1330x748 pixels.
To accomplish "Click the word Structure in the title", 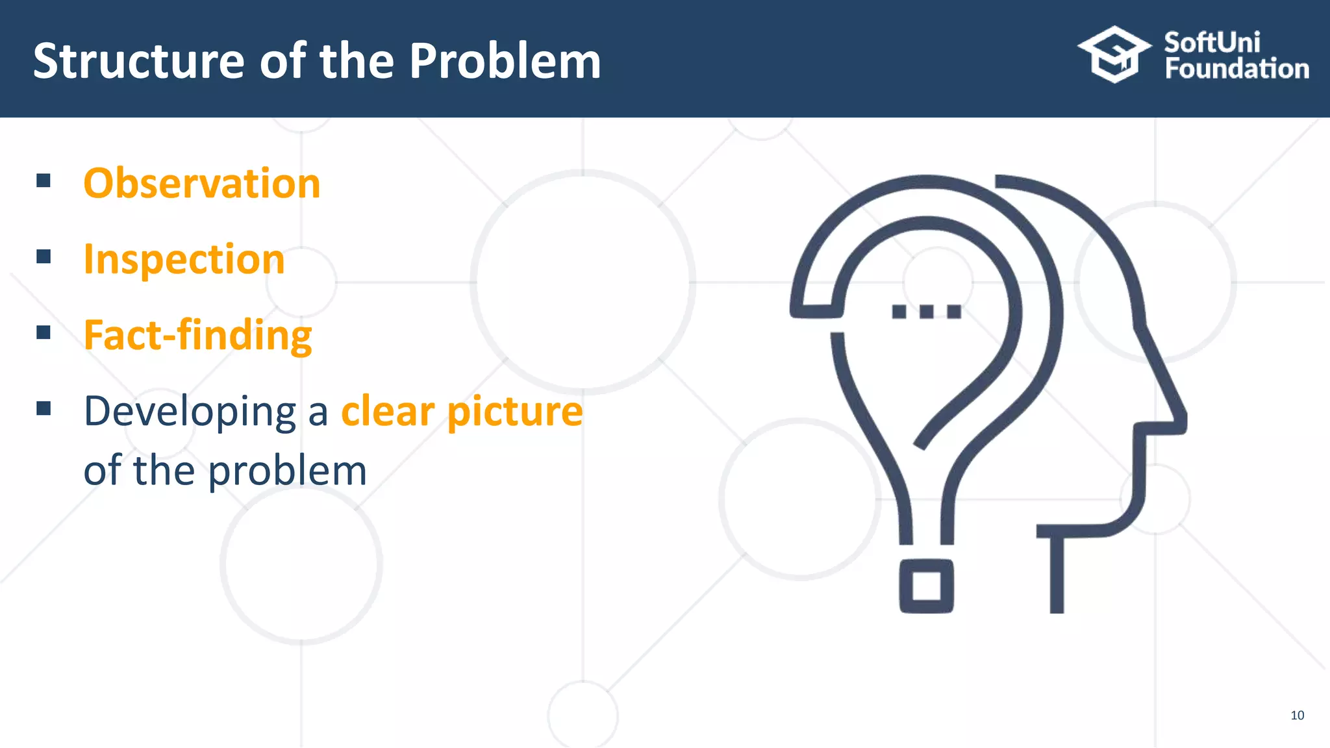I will tap(138, 61).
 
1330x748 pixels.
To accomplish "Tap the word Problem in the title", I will tap(505, 61).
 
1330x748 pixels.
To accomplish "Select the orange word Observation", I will tap(202, 183).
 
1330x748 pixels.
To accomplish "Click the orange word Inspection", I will tap(184, 260).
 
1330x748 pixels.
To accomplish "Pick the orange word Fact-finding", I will tap(198, 336).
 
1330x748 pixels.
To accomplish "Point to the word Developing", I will tap(190, 412).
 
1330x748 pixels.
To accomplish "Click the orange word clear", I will tap(388, 411).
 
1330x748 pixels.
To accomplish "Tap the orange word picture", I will tap(515, 412).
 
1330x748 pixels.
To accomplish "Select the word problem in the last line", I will tap(288, 471).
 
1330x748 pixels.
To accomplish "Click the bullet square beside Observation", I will tap(44, 181).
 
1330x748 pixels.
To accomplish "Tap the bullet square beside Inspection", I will tap(44, 256).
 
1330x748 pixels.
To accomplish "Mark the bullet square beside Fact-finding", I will tap(44, 332).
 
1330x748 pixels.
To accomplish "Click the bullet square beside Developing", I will tap(44, 408).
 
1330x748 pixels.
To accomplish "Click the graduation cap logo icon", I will tap(1114, 55).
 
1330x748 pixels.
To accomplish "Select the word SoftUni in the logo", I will tap(1212, 42).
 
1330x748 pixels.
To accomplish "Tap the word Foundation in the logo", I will tap(1236, 69).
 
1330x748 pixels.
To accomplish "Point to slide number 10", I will tap(1297, 716).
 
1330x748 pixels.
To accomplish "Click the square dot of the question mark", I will tap(927, 586).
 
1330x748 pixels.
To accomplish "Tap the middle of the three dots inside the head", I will tap(927, 312).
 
